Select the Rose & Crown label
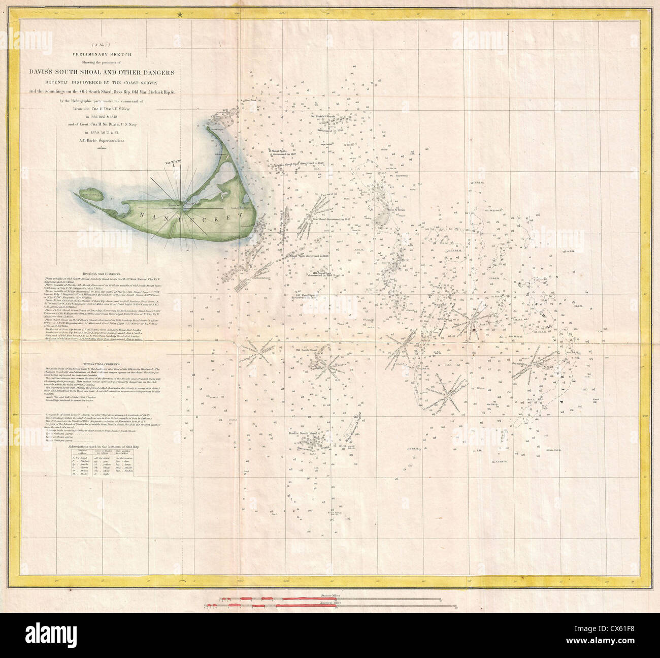395,209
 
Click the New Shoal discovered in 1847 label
331,220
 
